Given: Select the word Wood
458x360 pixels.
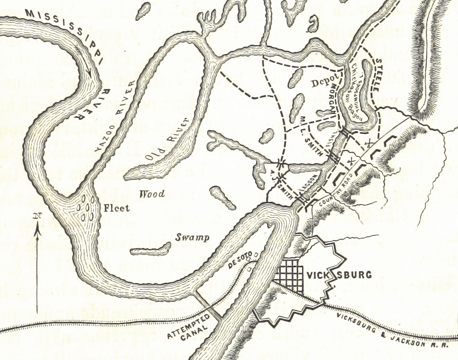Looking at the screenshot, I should point(152,194).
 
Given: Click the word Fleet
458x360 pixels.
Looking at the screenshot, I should point(116,208).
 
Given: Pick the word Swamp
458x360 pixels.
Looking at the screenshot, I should point(192,238).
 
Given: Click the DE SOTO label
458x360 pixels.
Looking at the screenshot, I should point(239,260).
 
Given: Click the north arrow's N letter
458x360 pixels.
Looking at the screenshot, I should point(37,216).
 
